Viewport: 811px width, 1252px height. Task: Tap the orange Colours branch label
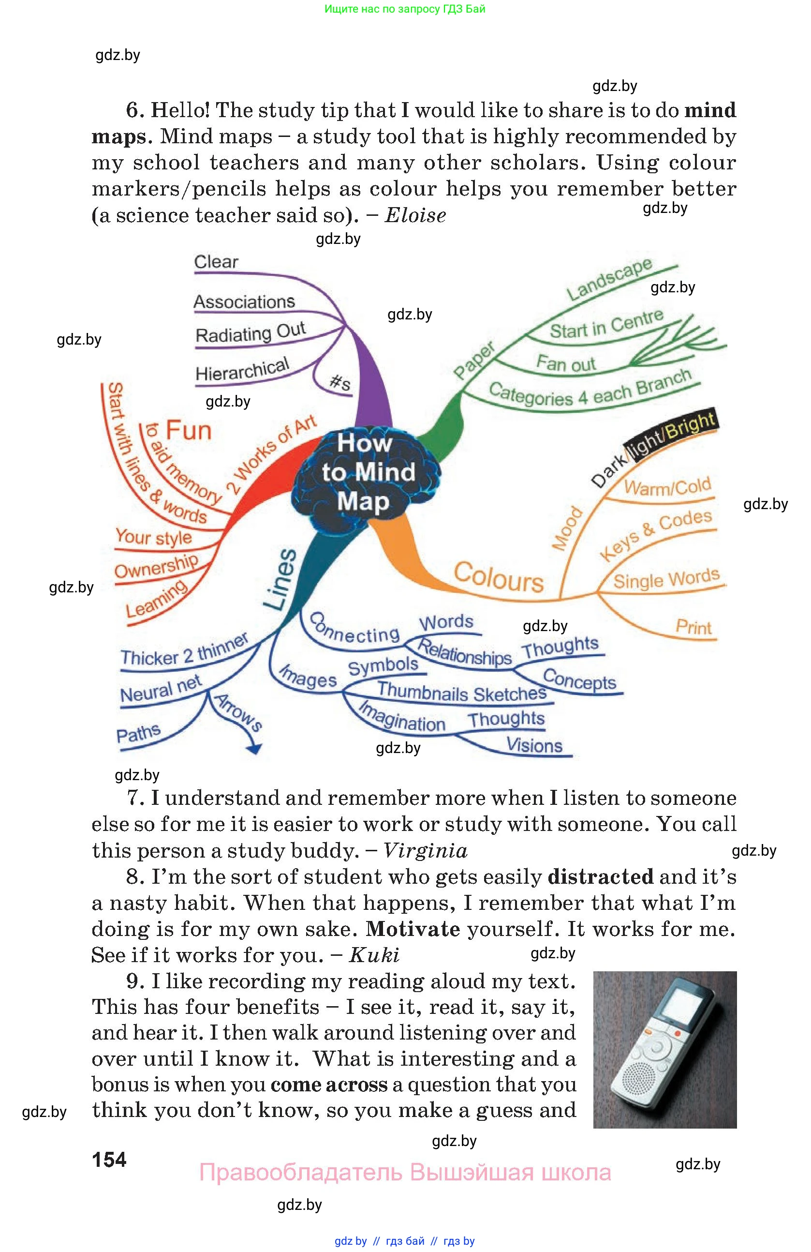[498, 577]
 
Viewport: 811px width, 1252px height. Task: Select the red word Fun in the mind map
[188, 430]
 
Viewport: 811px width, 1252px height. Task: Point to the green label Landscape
[609, 279]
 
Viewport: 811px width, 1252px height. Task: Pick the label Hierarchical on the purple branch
[242, 369]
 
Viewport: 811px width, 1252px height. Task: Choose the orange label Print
[693, 627]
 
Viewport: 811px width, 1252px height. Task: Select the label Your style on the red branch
[153, 537]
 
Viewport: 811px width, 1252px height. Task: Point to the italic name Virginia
[425, 850]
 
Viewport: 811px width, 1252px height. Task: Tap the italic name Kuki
[374, 955]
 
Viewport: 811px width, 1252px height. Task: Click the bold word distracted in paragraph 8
[600, 877]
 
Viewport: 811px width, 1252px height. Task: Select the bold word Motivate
[413, 929]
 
